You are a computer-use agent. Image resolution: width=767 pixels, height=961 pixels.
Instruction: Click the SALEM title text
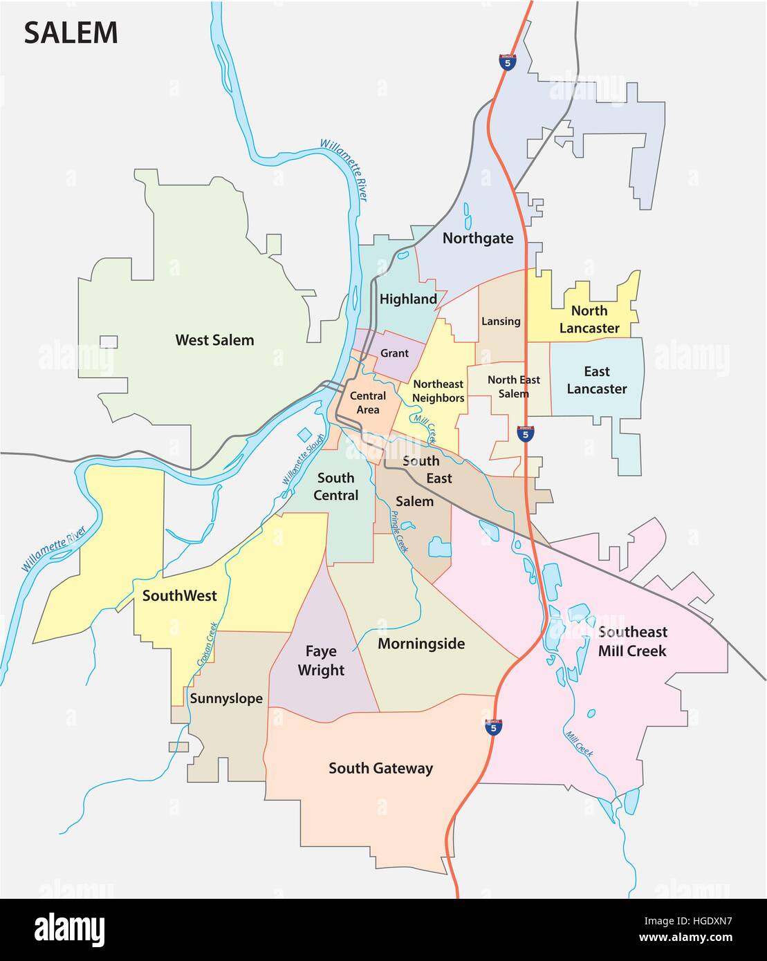[x=71, y=33]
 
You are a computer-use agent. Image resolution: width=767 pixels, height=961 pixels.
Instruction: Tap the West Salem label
[x=214, y=340]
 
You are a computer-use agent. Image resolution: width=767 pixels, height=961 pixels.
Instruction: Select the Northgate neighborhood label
[x=478, y=239]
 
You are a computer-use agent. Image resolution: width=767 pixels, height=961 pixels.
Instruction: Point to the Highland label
[x=408, y=299]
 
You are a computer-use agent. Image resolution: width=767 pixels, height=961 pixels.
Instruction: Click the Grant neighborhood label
[x=394, y=353]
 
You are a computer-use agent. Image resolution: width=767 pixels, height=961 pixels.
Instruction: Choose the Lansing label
[x=501, y=321]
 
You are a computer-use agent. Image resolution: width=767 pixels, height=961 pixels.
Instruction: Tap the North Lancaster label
[x=589, y=319]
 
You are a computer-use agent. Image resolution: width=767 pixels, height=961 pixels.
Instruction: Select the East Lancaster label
[x=596, y=380]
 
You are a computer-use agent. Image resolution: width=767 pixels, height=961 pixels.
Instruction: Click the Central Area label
[x=368, y=403]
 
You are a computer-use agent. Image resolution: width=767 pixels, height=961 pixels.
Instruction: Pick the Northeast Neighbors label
[x=438, y=391]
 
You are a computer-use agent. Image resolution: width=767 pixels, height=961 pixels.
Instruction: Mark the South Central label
[x=336, y=487]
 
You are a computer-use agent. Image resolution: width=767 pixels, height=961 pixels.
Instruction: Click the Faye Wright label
[x=321, y=661]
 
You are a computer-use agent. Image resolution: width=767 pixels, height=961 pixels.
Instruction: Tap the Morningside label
[x=421, y=644]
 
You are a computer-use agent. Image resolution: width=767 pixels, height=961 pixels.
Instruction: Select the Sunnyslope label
[x=226, y=698]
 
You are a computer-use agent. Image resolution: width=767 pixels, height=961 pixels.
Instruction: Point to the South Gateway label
[x=380, y=768]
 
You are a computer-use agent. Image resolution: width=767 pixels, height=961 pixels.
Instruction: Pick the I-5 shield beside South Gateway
[x=492, y=727]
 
